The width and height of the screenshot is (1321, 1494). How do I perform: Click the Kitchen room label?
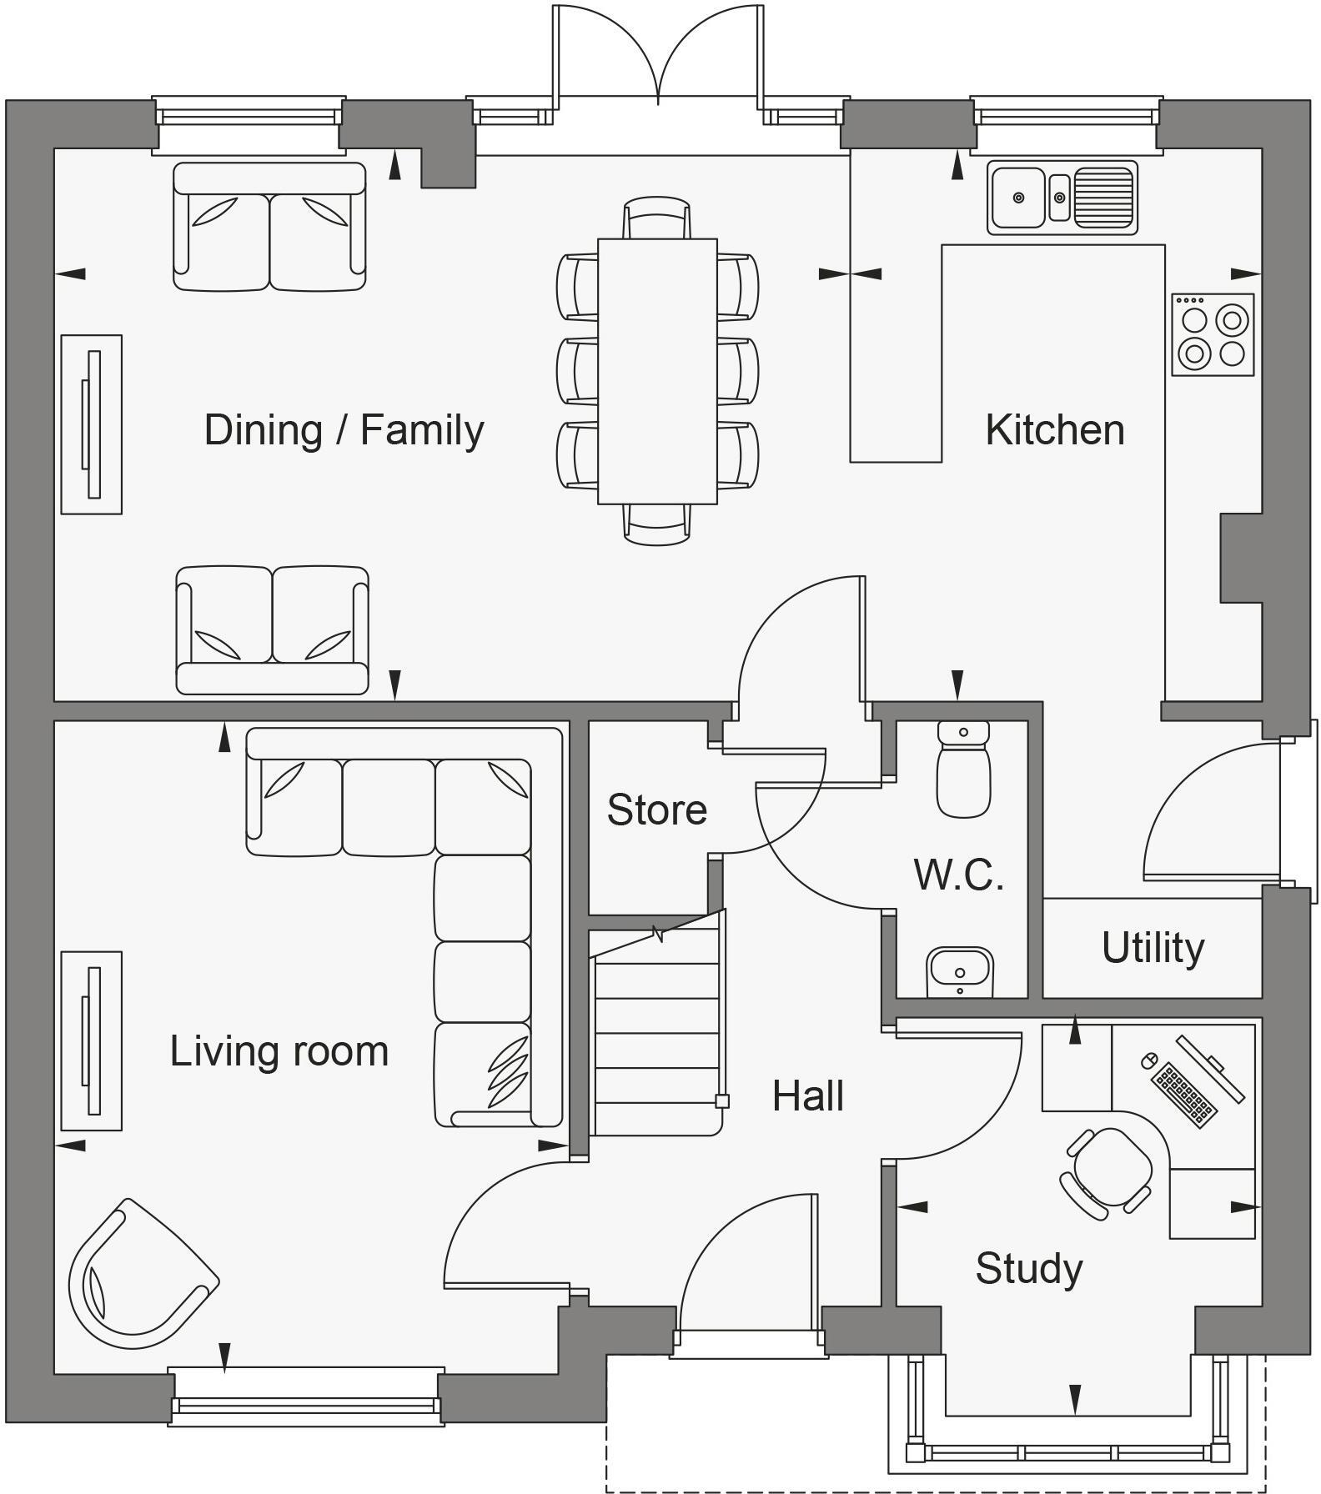[x=1054, y=430]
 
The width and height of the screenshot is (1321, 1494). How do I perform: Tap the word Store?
[x=656, y=810]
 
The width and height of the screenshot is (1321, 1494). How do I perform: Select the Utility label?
[x=1153, y=948]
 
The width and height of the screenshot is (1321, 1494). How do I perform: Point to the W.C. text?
[x=958, y=875]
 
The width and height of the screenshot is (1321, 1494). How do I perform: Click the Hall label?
[x=807, y=1095]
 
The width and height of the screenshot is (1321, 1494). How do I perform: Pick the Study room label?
[x=1028, y=1268]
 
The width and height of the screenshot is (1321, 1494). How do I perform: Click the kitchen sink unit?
[x=1062, y=198]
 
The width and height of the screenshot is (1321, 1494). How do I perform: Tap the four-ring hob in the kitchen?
[x=1213, y=334]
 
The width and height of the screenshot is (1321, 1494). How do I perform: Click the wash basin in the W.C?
[x=960, y=971]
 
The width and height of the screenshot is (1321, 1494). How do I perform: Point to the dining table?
[x=657, y=371]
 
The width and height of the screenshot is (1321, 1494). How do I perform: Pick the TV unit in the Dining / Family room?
[x=92, y=424]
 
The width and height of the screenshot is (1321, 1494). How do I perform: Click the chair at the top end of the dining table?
[x=657, y=218]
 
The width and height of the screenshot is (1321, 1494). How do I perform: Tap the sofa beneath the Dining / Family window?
[x=269, y=227]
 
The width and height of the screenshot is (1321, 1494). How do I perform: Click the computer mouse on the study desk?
[x=1148, y=1060]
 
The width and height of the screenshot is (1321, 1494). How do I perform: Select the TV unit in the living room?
[x=92, y=1040]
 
